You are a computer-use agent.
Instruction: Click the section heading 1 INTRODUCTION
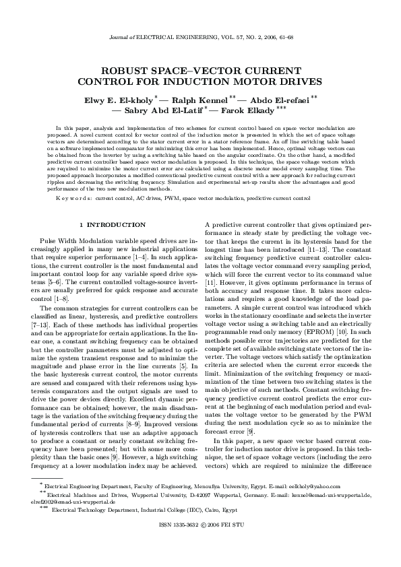pyautogui.click(x=112, y=224)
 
